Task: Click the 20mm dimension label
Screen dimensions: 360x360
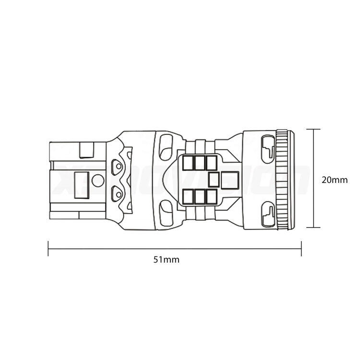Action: coord(334,180)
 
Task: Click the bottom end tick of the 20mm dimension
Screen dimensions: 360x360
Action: coord(313,228)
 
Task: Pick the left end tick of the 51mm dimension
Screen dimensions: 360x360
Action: coord(48,248)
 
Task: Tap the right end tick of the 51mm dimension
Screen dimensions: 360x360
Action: coord(301,248)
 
